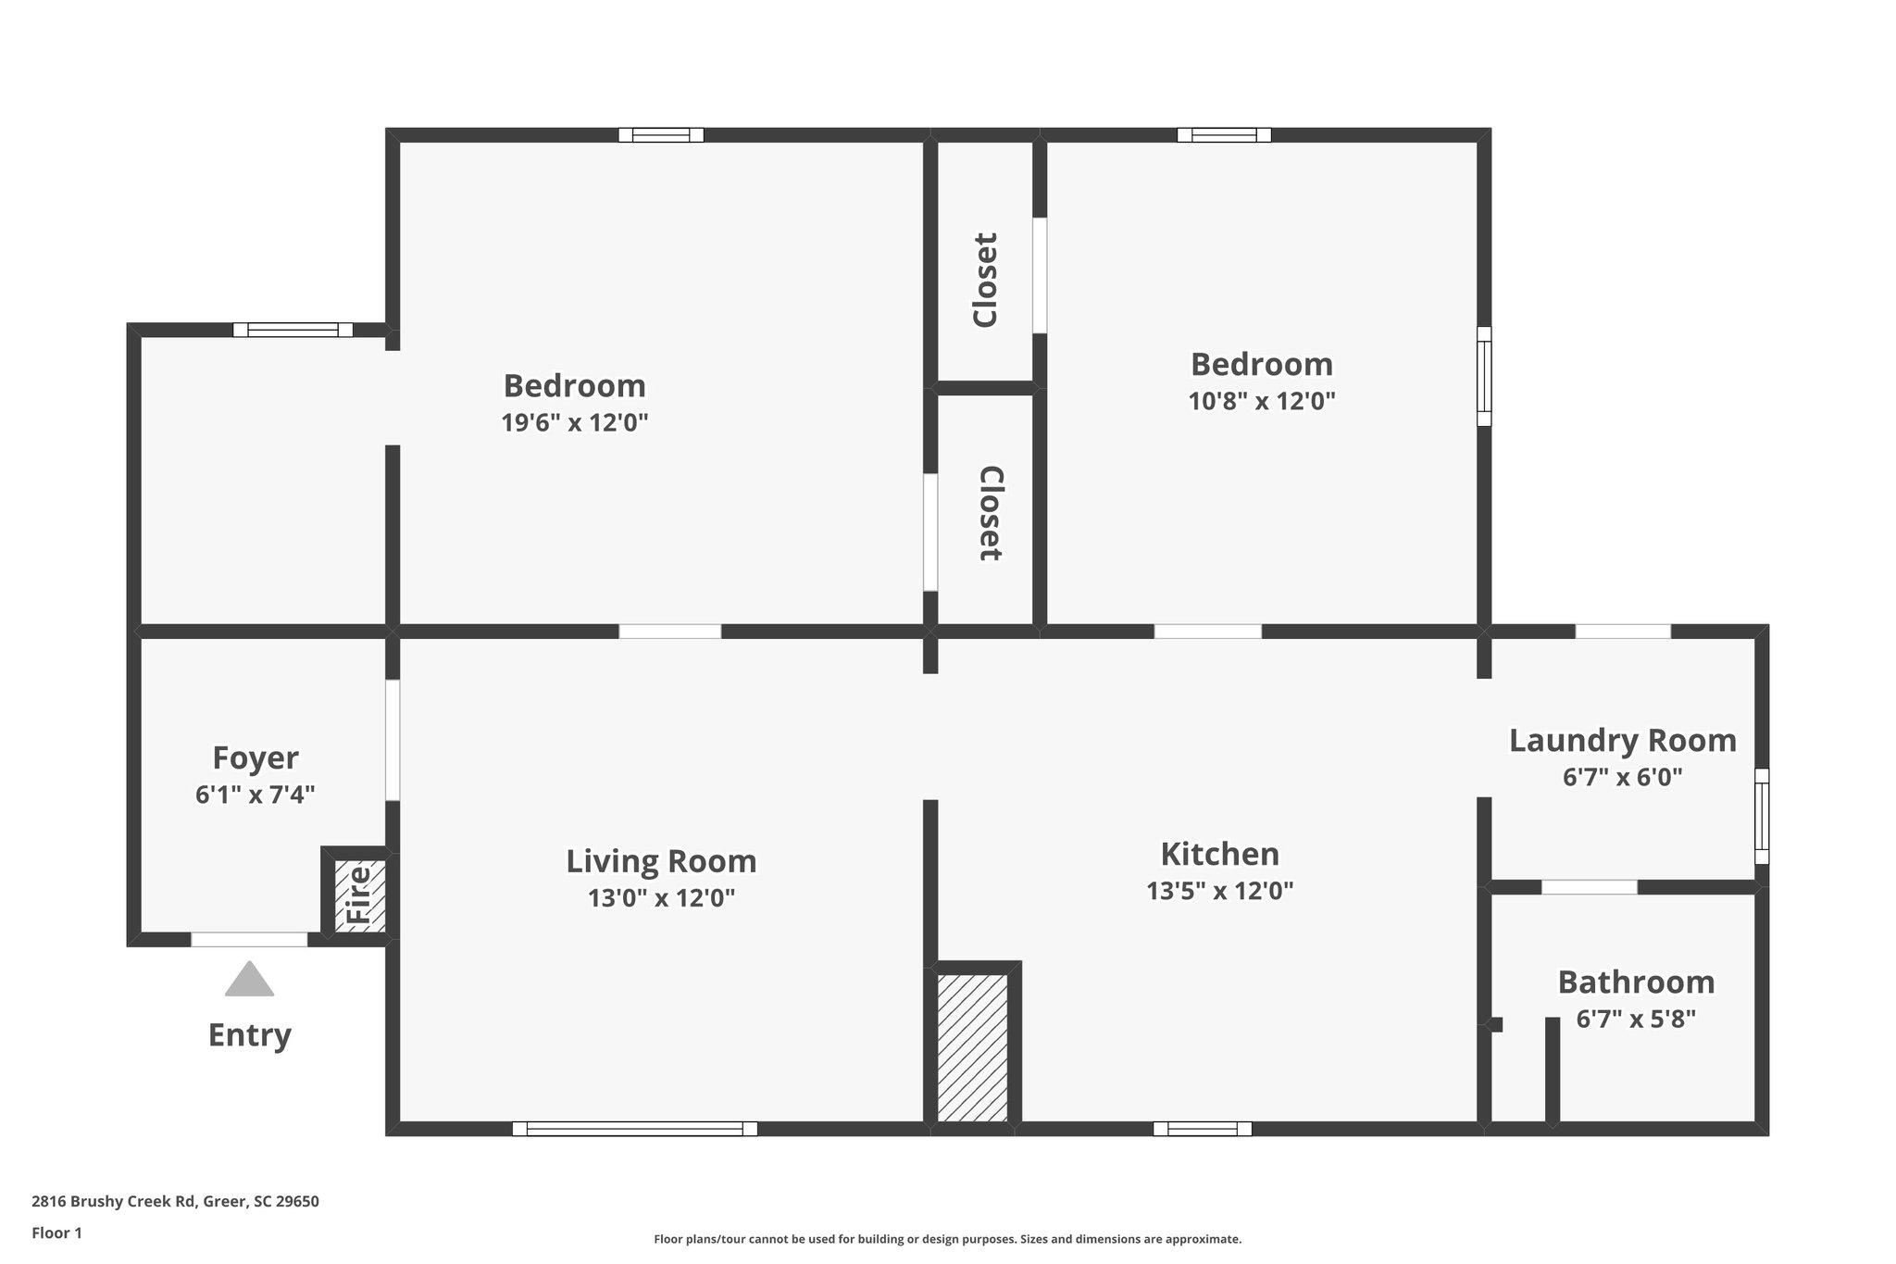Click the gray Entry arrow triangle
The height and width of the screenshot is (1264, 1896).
(x=249, y=980)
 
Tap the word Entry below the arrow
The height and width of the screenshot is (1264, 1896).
(x=249, y=1034)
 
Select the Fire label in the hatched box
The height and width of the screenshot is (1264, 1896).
(x=358, y=895)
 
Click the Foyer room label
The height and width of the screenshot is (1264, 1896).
(x=256, y=757)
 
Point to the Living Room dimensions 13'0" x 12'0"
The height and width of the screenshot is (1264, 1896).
(x=661, y=897)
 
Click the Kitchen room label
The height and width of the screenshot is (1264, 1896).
(x=1219, y=853)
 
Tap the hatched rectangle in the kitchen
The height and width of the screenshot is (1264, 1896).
(x=972, y=1047)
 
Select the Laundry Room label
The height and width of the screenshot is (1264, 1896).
(x=1622, y=740)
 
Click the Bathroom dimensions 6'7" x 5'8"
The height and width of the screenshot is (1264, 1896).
(x=1636, y=1020)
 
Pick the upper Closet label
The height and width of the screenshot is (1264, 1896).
(x=985, y=280)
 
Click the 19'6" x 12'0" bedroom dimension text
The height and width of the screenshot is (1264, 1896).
(x=574, y=422)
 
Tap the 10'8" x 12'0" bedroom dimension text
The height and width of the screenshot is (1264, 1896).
(x=1261, y=401)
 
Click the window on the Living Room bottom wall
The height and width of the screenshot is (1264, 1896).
(x=634, y=1129)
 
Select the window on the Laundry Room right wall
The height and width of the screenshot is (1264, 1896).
(x=1762, y=816)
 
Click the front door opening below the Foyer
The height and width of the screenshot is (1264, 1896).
(x=249, y=940)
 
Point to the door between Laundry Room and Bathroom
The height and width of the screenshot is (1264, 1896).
(x=1589, y=887)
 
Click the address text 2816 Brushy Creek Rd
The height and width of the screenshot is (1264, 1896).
(x=175, y=1201)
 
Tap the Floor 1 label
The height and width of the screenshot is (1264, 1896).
(x=56, y=1233)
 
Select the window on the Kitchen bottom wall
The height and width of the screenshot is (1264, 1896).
(x=1202, y=1129)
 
